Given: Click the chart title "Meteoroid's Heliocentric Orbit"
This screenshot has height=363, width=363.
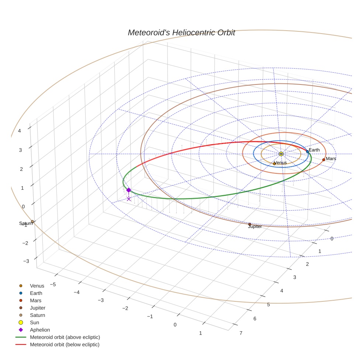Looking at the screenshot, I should [181, 32].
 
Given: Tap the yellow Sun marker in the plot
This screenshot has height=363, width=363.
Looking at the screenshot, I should [281, 154].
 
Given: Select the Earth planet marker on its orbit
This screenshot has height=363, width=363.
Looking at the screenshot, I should [307, 152].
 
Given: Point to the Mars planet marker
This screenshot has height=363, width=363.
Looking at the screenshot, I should [324, 160].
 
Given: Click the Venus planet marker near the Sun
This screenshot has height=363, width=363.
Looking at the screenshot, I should [274, 163].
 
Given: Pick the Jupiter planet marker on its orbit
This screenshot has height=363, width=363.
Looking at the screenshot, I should [250, 224].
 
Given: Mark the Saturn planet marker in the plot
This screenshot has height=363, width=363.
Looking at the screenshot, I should [32, 221].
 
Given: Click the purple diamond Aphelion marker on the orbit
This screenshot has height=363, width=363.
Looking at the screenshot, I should [128, 190].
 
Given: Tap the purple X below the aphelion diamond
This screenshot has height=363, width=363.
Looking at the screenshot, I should [128, 199].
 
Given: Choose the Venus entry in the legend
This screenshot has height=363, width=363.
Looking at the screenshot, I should [37, 286].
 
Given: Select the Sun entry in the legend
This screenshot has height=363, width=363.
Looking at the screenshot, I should [34, 322].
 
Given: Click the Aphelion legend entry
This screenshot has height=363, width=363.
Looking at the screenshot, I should [40, 330].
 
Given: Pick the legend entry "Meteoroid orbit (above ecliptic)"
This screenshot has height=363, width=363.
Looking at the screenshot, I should [65, 337].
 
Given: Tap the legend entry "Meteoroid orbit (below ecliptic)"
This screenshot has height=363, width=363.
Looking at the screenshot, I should [65, 345].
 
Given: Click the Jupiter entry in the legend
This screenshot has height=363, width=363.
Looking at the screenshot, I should [38, 308].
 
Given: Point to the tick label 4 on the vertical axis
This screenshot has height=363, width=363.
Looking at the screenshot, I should [19, 130].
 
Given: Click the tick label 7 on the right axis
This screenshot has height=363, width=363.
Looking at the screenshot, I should [241, 333].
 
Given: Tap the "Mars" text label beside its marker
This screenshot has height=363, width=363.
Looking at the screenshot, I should [331, 159].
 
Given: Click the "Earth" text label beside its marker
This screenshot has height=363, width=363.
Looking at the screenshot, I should [314, 150].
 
